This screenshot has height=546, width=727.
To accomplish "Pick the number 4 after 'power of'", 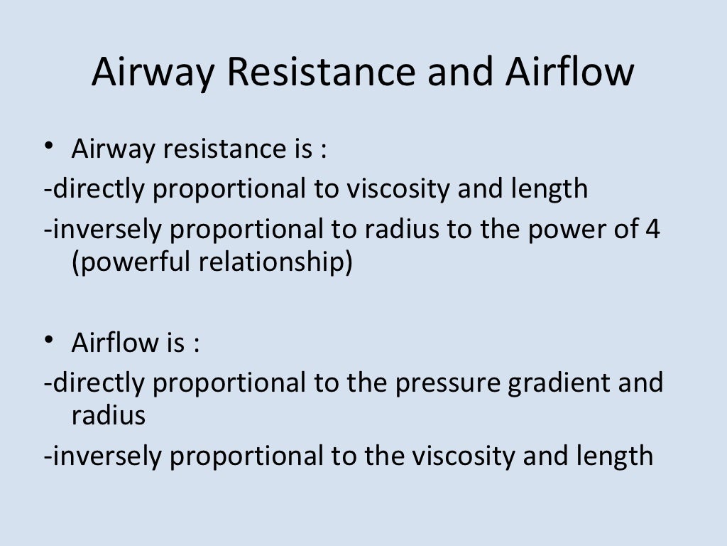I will coord(652,230).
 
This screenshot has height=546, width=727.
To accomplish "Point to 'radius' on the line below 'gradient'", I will coord(109,414).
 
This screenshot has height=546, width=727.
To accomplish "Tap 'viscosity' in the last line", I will coord(461,456).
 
